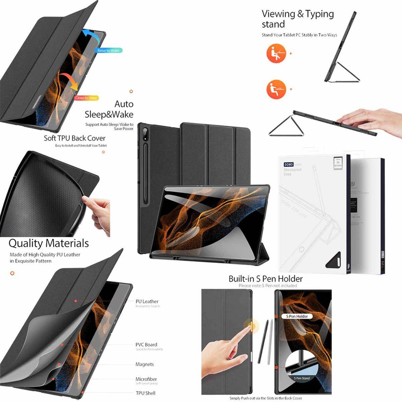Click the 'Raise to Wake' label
pyautogui.click(x=108, y=51)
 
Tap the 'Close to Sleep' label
pyautogui.click(x=86, y=98)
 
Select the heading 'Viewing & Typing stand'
pyautogui.click(x=297, y=19)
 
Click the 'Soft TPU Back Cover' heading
pyautogui.click(x=74, y=138)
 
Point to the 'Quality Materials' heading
pyautogui.click(x=49, y=243)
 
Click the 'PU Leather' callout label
pyautogui.click(x=147, y=301)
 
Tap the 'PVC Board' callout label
pyautogui.click(x=146, y=345)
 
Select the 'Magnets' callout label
pyautogui.click(x=144, y=364)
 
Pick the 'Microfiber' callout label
pyautogui.click(x=146, y=379)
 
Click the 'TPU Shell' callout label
pyautogui.click(x=145, y=393)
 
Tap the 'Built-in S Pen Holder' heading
pyautogui.click(x=265, y=279)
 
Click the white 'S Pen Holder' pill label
pyautogui.click(x=297, y=316)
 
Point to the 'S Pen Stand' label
pyautogui.click(x=302, y=378)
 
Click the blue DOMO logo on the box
pyautogui.click(x=288, y=164)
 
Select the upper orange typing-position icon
pyautogui.click(x=276, y=54)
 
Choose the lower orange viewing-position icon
pyautogui.click(x=276, y=89)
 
